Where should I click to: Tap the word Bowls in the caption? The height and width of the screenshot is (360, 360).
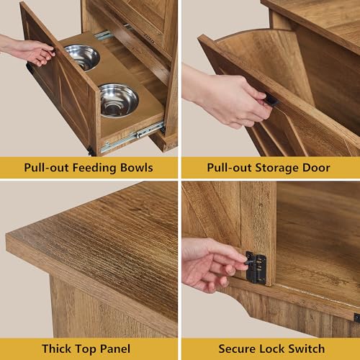(137, 168)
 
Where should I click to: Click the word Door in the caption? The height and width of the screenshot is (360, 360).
(316, 168)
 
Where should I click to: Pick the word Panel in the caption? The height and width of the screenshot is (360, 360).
(115, 348)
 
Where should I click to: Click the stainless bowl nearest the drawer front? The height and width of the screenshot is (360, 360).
(119, 100)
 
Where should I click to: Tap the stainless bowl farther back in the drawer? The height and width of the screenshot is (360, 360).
(82, 57)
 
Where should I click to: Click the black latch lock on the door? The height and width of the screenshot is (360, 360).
(256, 268)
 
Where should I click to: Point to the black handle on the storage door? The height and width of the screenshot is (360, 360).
(272, 100)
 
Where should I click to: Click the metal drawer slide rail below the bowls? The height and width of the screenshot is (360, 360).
(132, 137)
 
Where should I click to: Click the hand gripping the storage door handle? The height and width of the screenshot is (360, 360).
(228, 99)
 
